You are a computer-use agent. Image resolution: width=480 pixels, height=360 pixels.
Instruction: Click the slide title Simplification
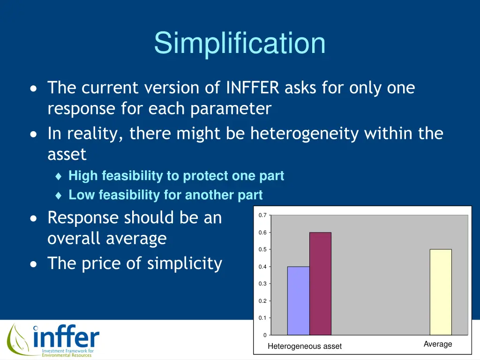(x=240, y=43)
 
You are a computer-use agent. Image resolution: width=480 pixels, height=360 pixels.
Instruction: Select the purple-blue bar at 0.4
(x=299, y=300)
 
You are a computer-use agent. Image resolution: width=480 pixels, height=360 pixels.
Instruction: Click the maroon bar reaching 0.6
(x=320, y=284)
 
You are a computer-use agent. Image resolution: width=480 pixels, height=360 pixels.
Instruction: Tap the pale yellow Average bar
(x=441, y=292)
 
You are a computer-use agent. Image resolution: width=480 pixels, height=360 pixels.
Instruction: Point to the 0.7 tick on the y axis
(x=262, y=215)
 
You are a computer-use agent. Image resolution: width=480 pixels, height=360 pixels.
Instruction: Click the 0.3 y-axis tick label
(x=262, y=284)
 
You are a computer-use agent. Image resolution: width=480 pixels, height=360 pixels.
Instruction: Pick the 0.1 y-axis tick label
(x=262, y=318)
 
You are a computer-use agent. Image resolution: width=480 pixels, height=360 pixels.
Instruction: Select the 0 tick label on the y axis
(x=265, y=335)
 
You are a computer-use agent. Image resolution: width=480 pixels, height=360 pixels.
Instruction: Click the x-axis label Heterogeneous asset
(x=305, y=346)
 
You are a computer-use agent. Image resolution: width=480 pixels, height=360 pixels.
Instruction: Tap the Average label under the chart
(x=438, y=344)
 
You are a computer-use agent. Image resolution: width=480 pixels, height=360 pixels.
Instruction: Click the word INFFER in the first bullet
(x=253, y=88)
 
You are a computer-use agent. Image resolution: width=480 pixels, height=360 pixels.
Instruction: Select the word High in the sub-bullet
(x=83, y=176)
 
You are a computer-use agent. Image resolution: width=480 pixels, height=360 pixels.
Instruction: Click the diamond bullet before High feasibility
(x=59, y=176)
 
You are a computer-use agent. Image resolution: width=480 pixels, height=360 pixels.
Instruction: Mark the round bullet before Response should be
(x=33, y=218)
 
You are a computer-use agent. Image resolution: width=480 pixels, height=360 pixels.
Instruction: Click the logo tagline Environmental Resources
(x=67, y=355)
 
